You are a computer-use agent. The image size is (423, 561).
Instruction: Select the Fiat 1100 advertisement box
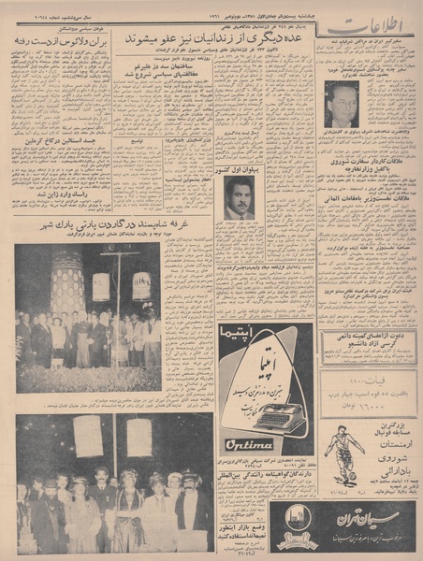[368, 392]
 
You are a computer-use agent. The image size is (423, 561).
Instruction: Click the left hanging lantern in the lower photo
[88, 436]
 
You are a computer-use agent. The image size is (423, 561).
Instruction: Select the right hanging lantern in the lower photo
[139, 436]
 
